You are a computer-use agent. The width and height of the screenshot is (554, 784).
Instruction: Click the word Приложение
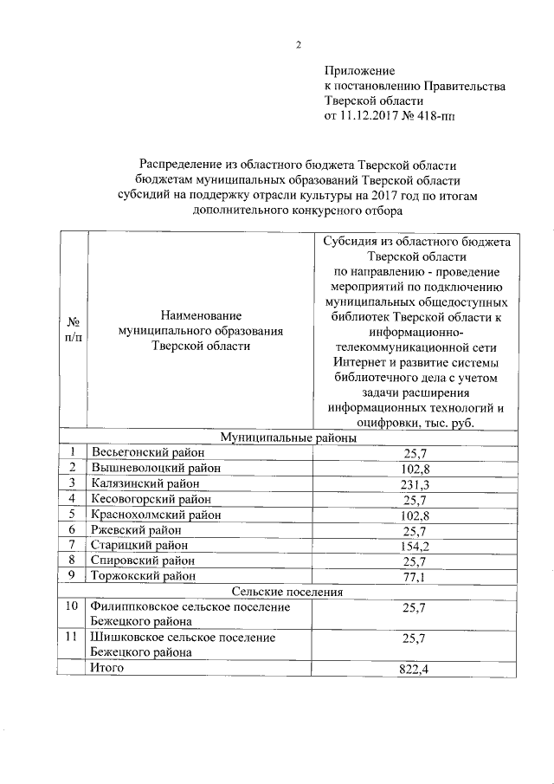point(359,69)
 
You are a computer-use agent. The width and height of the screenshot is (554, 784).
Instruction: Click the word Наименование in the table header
point(200,314)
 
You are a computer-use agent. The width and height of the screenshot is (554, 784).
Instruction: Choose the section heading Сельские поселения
point(287,592)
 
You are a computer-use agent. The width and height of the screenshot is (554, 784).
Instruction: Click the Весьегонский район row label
point(149,453)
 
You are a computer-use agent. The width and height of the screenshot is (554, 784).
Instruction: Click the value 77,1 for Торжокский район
point(415,576)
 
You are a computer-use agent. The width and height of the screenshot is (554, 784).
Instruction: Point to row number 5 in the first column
point(74,515)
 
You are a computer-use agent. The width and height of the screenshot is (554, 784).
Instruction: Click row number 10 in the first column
point(74,607)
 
